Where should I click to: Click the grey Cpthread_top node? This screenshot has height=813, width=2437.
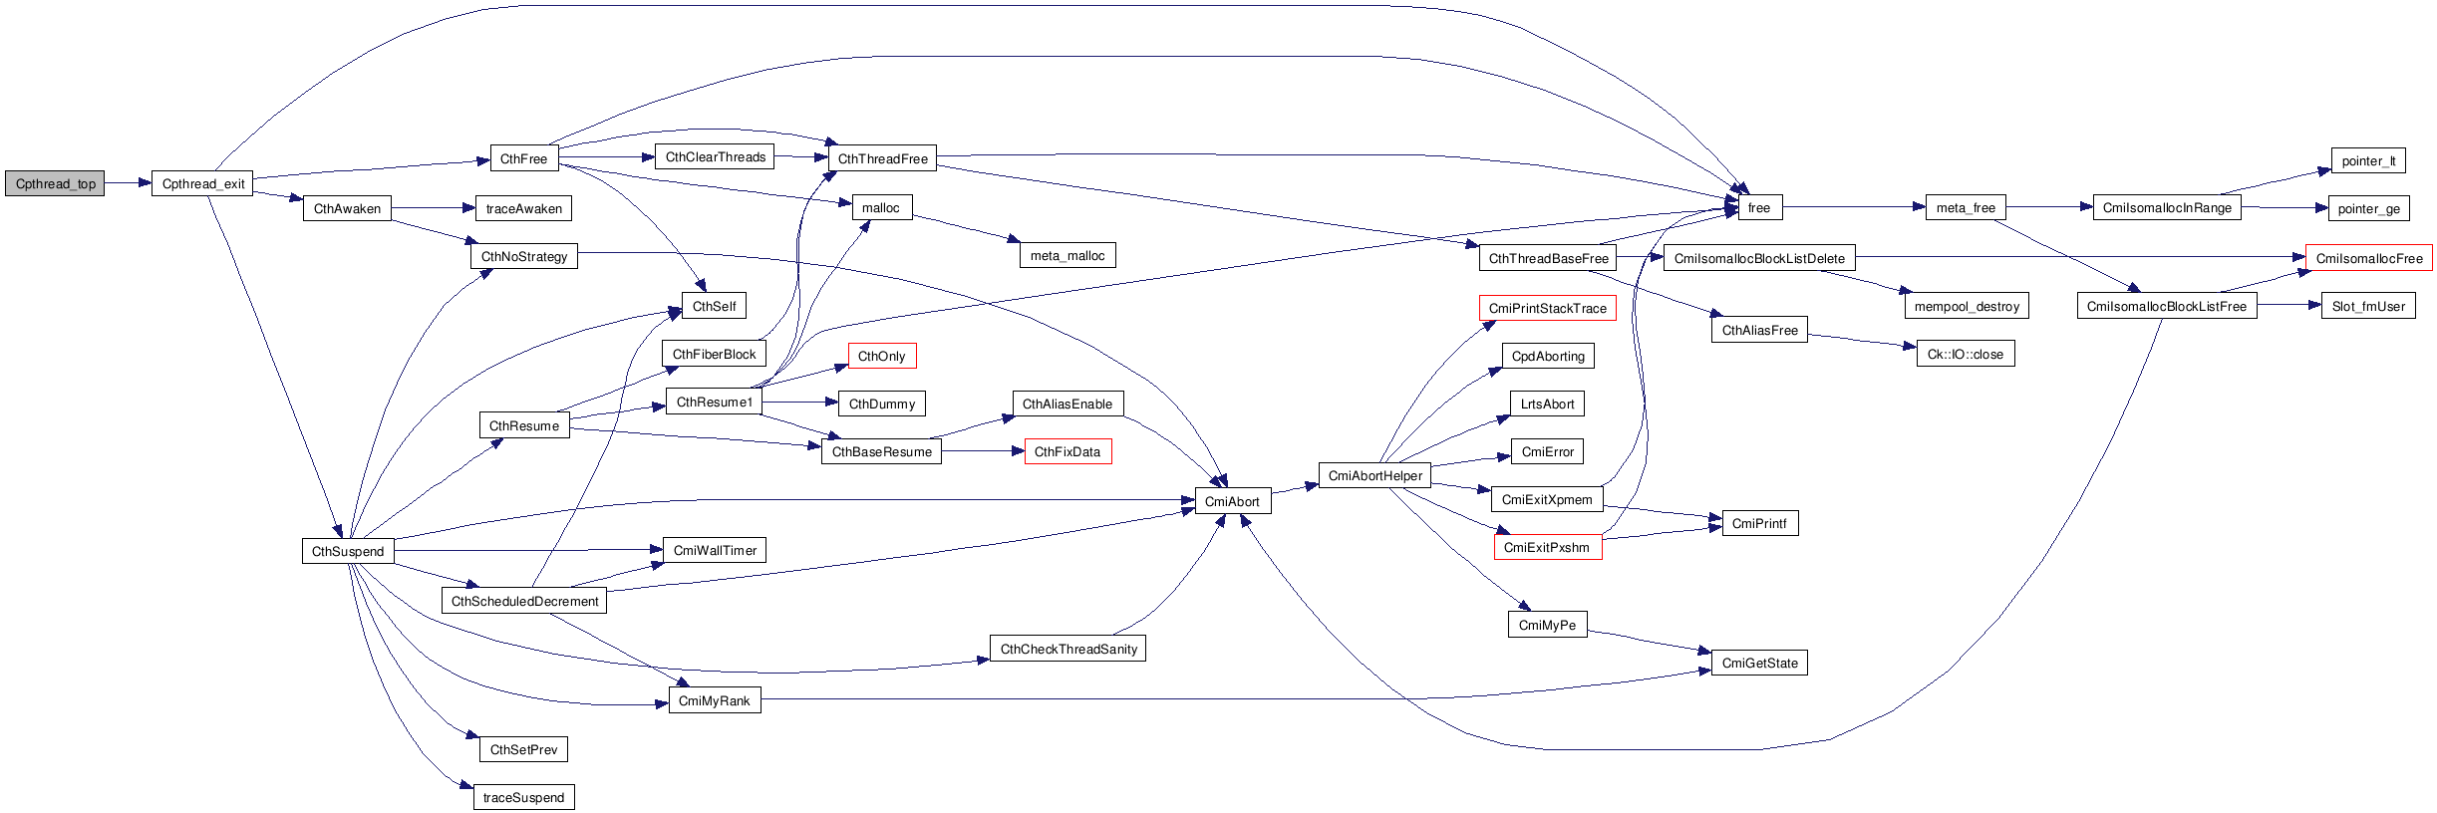[x=55, y=183]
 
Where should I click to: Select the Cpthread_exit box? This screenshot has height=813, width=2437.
[x=202, y=183]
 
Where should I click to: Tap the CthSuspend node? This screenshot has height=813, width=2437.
[x=348, y=551]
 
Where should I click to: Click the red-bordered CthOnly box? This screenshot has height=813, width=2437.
[x=882, y=356]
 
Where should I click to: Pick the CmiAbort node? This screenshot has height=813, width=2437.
[x=1232, y=501]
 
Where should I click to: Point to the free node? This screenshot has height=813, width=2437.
[x=1759, y=207]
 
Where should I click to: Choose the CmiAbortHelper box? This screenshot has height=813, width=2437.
[x=1374, y=475]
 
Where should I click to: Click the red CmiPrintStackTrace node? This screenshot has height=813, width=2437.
[x=1547, y=308]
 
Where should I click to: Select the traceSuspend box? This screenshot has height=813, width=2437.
[x=523, y=797]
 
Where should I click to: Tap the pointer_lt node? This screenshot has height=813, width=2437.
[x=2368, y=160]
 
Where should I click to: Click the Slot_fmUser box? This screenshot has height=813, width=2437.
[x=2368, y=306]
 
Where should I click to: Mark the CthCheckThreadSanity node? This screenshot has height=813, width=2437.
[x=1068, y=649]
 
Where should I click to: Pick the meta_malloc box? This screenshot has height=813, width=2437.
[x=1066, y=256]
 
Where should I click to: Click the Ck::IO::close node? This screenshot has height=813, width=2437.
[x=1965, y=354]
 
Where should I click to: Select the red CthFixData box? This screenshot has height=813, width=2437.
[x=1067, y=451]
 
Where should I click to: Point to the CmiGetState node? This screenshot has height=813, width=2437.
[x=1759, y=663]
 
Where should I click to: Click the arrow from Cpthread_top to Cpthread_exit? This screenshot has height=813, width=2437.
[x=128, y=183]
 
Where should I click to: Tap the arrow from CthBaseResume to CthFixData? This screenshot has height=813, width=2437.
[x=983, y=451]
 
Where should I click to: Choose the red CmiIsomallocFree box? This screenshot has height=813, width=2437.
[x=2368, y=258]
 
